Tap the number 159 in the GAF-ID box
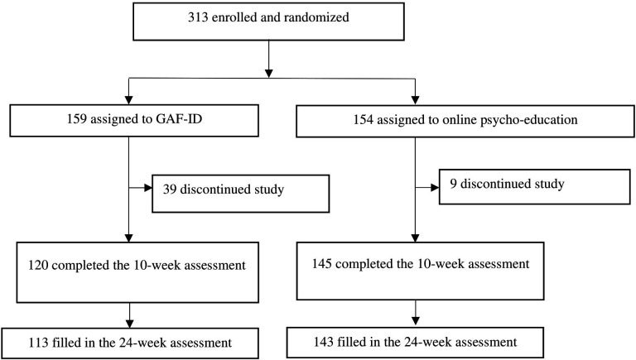77,120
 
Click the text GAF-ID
179,120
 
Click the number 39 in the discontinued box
170,190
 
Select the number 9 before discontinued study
453,184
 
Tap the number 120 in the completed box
38,265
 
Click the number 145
321,264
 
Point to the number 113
39,343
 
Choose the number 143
323,341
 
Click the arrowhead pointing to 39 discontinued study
147,188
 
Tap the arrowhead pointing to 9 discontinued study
435,188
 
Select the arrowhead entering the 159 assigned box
129,100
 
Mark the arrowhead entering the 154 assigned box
415,100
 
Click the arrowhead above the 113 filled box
130,324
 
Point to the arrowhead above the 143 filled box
416,320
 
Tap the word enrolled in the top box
234,17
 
